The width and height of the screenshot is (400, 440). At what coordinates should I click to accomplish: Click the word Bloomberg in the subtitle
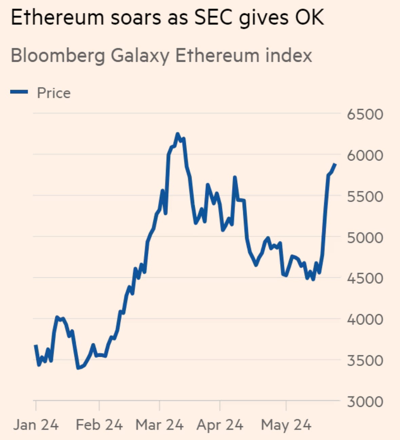tap(58, 56)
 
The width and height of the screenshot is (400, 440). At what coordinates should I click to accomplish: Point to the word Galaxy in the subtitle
tap(140, 56)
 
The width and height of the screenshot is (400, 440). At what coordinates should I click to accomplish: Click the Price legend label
tap(54, 93)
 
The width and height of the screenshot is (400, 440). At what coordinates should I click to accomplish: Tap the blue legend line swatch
tap(19, 92)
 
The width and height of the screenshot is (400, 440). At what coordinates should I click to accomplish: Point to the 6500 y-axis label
tap(365, 114)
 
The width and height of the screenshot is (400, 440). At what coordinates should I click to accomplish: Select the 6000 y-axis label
tap(365, 155)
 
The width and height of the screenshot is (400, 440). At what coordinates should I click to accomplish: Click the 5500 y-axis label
tap(365, 197)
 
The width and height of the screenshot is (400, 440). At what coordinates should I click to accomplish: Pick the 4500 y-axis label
tap(365, 278)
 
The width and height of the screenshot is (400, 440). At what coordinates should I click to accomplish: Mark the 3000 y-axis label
tap(365, 402)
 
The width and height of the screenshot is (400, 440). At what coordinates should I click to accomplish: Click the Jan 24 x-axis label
tap(36, 425)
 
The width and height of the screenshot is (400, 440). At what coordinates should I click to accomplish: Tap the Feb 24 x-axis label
tap(99, 425)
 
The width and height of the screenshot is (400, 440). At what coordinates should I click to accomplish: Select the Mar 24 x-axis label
tap(159, 425)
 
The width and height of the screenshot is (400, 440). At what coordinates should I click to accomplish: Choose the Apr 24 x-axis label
tap(220, 425)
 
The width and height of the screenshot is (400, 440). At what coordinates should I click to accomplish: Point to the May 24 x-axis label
tap(286, 425)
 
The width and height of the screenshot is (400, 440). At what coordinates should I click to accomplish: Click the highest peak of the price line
tap(177, 134)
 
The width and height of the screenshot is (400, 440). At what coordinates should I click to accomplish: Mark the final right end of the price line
tap(335, 164)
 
